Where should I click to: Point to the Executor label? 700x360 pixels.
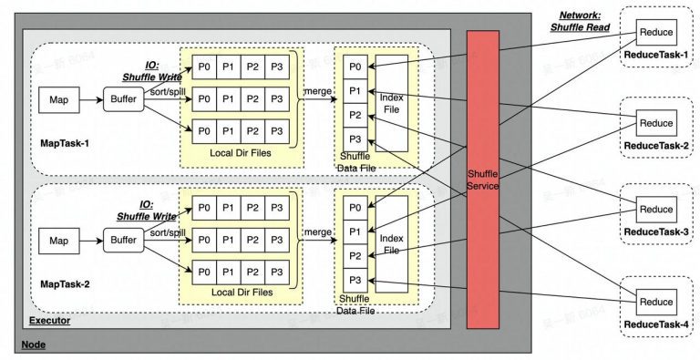[x=49, y=321]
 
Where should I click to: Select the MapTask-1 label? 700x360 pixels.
[x=65, y=143]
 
